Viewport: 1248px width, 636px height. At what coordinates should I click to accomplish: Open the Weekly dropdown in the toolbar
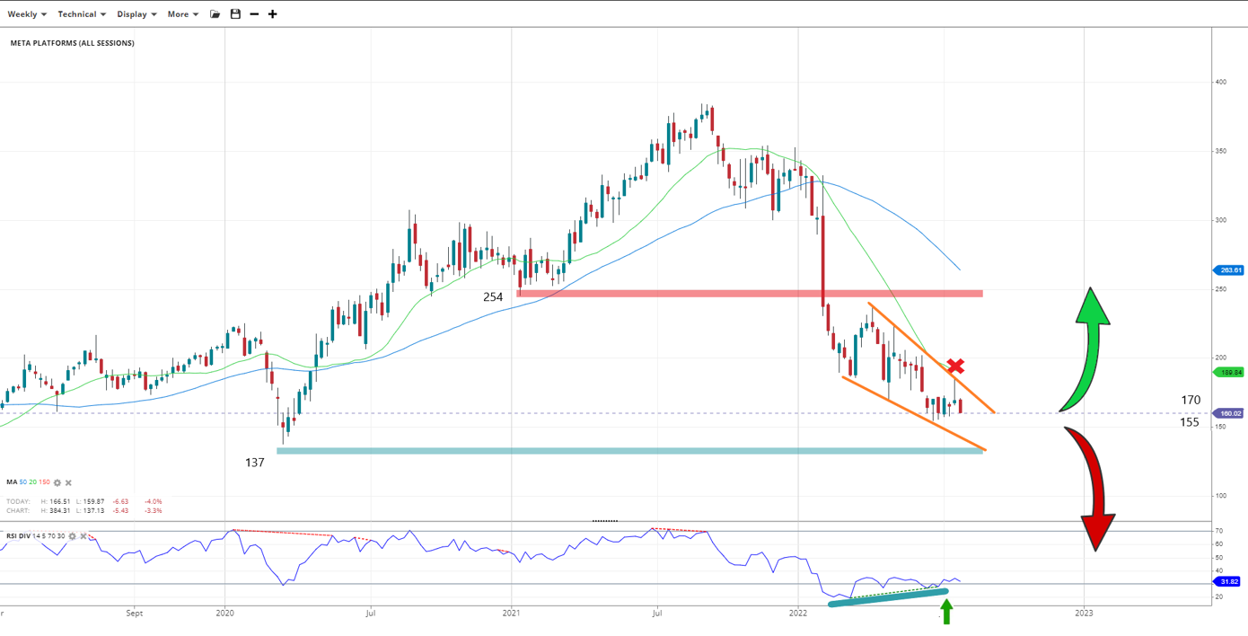point(26,14)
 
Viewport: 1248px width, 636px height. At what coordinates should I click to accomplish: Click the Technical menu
point(81,14)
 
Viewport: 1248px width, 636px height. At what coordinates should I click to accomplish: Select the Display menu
point(136,14)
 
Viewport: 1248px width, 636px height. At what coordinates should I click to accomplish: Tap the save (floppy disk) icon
point(235,14)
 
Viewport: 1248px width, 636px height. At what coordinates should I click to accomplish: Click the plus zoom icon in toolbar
point(273,14)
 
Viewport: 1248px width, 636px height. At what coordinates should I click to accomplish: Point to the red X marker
point(956,366)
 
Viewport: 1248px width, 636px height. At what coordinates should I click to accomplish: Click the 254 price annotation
point(493,296)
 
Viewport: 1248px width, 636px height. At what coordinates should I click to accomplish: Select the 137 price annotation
point(255,462)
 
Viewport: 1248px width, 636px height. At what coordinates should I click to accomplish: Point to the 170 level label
point(1191,400)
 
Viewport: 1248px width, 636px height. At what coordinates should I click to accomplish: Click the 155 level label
point(1190,422)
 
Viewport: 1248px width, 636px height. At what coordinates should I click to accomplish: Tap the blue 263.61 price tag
point(1229,269)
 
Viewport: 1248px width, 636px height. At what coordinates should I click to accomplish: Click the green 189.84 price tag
point(1229,372)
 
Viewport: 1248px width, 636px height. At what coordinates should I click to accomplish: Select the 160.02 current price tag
point(1229,413)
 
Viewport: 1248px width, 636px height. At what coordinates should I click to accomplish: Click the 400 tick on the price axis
point(1220,82)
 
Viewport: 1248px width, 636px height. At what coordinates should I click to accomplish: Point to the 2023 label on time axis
point(1084,614)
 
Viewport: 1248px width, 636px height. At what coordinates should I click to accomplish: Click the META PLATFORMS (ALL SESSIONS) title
point(73,43)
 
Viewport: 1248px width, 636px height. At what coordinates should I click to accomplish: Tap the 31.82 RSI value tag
point(1229,581)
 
